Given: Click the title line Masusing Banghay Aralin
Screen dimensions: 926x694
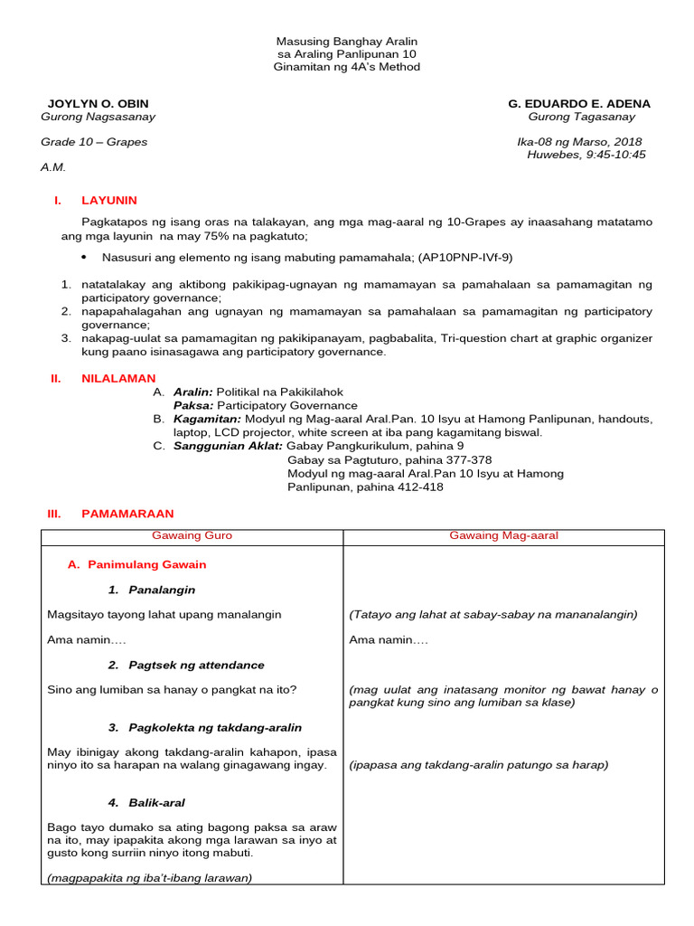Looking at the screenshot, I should point(347,43).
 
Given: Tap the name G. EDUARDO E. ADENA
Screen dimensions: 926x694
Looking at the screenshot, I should point(579,104).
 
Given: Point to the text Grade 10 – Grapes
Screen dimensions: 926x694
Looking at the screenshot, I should point(94,142).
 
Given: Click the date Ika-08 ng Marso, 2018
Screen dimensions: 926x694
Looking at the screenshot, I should point(579,142).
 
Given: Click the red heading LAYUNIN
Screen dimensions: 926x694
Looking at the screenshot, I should point(109,200).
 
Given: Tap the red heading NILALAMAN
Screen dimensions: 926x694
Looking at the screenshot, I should point(118,378).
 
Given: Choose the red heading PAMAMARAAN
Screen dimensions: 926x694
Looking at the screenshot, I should point(127,513).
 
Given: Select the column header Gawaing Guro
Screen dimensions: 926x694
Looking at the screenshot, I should point(192,535).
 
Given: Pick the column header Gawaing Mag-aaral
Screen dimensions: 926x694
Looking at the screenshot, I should point(504,535).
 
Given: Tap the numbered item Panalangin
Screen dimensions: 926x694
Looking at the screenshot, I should point(162,590).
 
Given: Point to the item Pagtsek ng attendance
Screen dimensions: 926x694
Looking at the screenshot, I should point(196,665).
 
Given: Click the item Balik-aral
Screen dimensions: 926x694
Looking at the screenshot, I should point(158,802).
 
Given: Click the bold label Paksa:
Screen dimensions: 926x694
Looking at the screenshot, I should point(192,406).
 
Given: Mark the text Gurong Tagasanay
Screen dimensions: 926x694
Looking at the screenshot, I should point(582,117).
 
